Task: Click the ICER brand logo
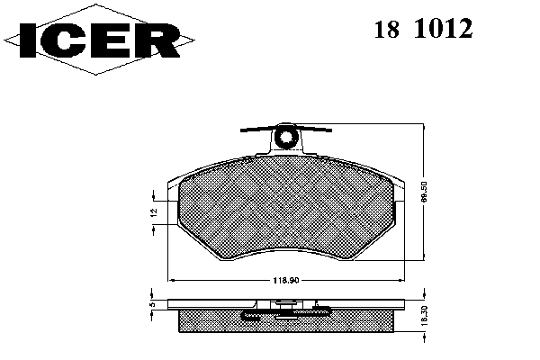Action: pyautogui.click(x=99, y=40)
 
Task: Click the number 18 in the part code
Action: pyautogui.click(x=387, y=29)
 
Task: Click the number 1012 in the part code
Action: pyautogui.click(x=443, y=29)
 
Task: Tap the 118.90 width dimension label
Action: pyautogui.click(x=286, y=281)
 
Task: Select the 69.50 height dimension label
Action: pyautogui.click(x=424, y=192)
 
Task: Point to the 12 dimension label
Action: pyautogui.click(x=154, y=212)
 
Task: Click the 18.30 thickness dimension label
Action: pyautogui.click(x=424, y=316)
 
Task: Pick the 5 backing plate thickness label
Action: pyautogui.click(x=154, y=304)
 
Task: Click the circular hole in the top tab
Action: pyautogui.click(x=286, y=138)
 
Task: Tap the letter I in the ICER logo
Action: pyautogui.click(x=28, y=40)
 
